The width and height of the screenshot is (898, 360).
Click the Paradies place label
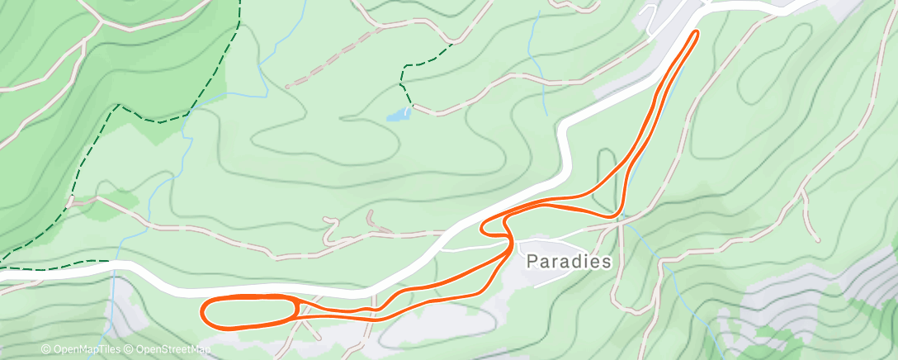click(x=570, y=262)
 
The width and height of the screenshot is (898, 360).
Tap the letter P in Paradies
click(x=532, y=262)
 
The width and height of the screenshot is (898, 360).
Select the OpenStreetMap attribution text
click(x=170, y=350)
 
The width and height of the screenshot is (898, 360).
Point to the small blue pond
click(x=399, y=114)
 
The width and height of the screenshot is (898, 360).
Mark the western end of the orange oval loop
click(x=203, y=312)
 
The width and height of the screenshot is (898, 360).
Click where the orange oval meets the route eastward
click(x=295, y=310)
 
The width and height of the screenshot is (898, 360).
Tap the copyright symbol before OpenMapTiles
click(x=45, y=350)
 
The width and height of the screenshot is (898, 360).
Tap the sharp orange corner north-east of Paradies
click(x=617, y=216)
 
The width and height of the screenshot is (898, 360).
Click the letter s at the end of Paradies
click(x=607, y=262)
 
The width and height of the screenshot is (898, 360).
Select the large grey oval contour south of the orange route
click(x=429, y=330)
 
